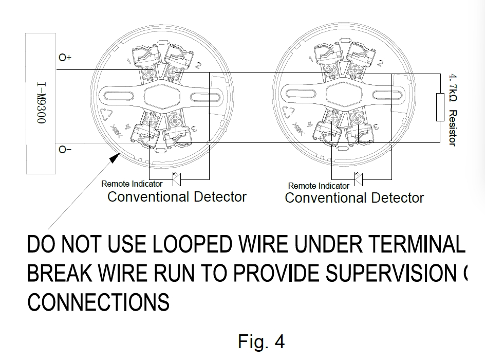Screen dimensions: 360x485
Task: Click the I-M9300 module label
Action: click(41, 103)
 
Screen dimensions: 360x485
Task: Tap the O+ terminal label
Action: click(65, 58)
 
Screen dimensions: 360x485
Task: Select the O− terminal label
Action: click(65, 150)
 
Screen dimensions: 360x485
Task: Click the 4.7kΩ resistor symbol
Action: click(440, 107)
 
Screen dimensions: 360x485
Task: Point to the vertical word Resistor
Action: click(452, 128)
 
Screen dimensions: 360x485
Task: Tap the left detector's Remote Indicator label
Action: click(132, 184)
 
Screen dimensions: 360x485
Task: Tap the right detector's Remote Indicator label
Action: click(319, 186)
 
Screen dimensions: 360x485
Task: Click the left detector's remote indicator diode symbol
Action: click(176, 179)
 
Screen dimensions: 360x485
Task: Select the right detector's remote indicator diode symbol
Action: click(359, 179)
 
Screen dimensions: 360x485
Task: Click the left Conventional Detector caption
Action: click(177, 197)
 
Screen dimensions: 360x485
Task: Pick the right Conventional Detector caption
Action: click(355, 198)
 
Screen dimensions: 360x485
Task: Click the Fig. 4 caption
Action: click(261, 341)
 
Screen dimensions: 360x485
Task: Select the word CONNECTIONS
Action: click(98, 302)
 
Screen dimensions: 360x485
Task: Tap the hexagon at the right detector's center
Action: click(343, 96)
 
